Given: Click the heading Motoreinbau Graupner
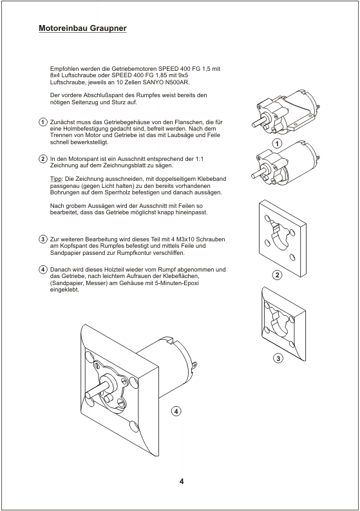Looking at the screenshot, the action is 82,28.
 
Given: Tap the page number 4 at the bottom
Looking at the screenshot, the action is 182,481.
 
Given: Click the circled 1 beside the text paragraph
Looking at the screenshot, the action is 43,122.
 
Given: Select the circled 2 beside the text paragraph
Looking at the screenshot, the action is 43,159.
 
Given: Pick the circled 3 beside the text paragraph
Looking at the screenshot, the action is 43,239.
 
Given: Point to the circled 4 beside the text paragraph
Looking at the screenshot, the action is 43,270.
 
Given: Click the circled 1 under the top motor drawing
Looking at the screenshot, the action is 277,144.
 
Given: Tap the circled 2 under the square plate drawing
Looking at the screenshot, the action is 277,275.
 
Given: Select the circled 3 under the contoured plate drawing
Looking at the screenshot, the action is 278,358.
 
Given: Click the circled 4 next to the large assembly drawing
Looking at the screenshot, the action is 176,411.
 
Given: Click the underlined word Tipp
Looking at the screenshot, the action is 56,180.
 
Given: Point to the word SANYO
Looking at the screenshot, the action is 153,82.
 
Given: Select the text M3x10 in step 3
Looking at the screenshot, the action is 188,239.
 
